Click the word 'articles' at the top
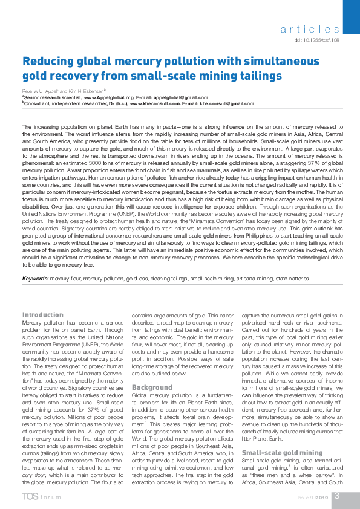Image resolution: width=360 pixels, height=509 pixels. (310, 29)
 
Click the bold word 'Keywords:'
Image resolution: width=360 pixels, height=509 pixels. (35, 279)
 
